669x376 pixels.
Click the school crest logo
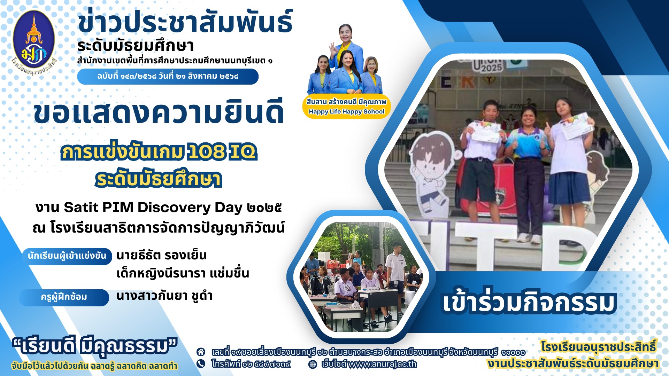34,44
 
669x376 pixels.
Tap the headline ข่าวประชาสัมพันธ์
185,22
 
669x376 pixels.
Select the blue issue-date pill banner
168,76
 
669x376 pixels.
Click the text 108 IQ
222,152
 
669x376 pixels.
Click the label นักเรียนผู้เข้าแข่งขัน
67,256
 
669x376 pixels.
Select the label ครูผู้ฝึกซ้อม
64,297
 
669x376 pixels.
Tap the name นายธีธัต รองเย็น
161,255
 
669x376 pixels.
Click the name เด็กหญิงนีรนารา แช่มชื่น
183,273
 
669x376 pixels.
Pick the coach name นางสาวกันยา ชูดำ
164,296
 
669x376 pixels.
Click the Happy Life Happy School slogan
346,112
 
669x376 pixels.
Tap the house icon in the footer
201,352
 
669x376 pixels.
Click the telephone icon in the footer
201,364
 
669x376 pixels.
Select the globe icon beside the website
313,364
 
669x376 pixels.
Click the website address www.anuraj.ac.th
383,364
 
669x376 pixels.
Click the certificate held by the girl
577,125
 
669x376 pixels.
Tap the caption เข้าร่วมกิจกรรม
529,301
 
